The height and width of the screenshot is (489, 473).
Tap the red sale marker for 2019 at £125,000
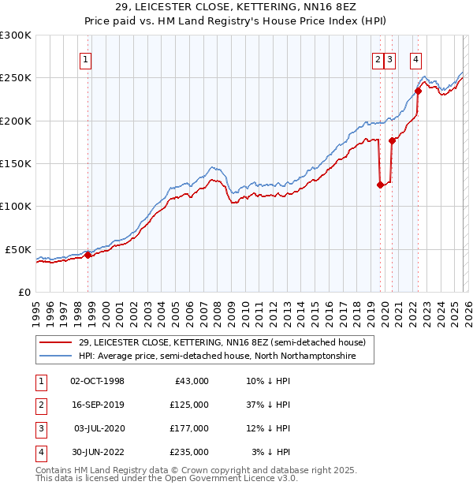380,185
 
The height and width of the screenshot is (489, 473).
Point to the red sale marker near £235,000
419,91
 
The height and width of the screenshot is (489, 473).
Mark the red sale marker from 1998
88,255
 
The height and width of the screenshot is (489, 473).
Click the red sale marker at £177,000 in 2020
392,140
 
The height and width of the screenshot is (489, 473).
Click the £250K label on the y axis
15,78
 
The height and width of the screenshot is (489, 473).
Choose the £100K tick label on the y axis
15,206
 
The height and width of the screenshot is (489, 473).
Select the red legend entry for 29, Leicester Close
222,342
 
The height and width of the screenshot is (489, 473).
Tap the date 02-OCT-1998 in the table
98,381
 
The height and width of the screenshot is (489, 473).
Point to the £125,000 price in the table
189,405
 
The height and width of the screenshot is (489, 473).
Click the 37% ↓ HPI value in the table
268,405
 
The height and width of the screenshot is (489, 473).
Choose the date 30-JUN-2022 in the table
98,452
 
